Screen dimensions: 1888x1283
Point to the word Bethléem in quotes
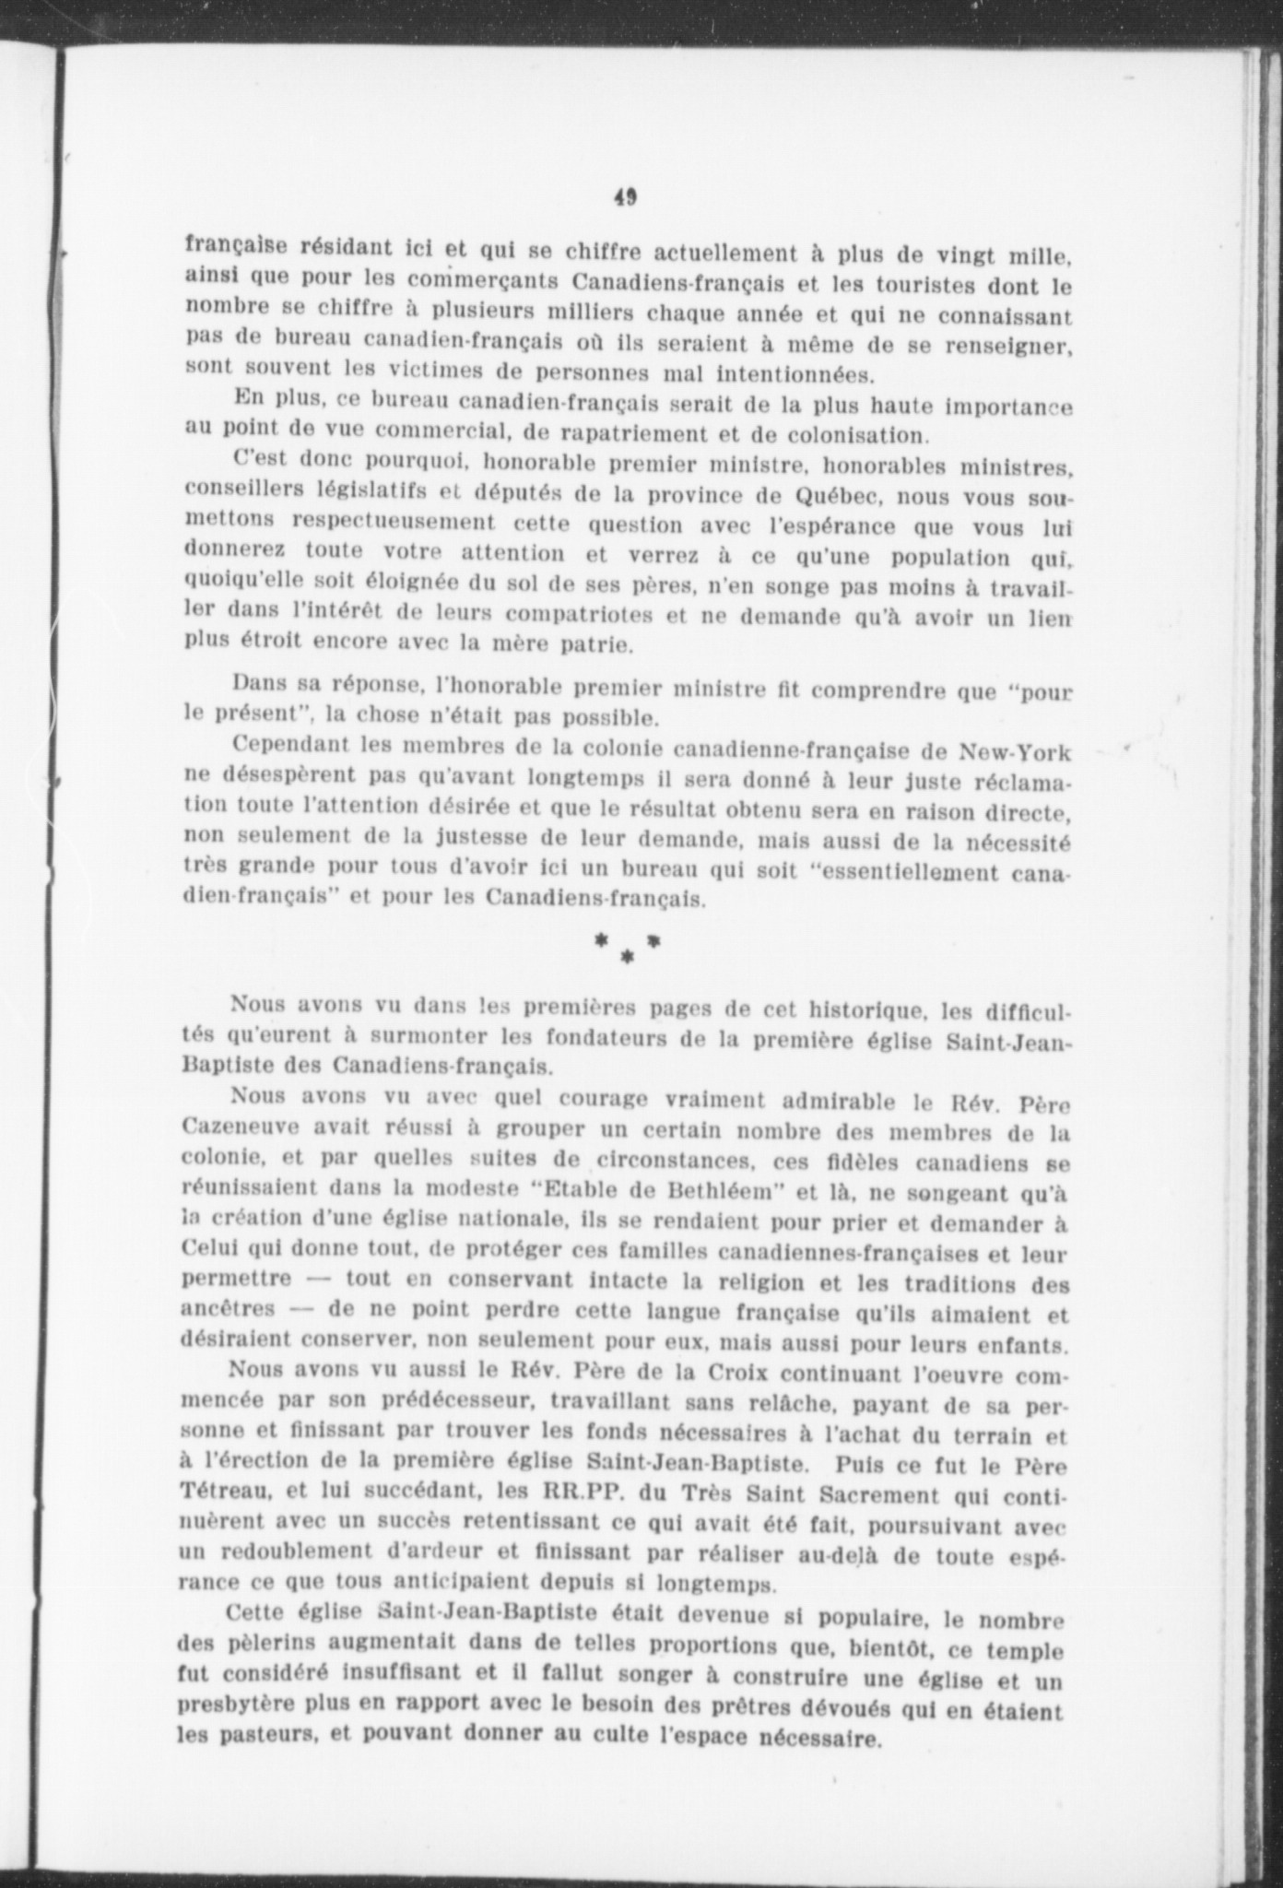[x=716, y=1190]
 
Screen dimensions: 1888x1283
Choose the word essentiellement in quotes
[x=882, y=871]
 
